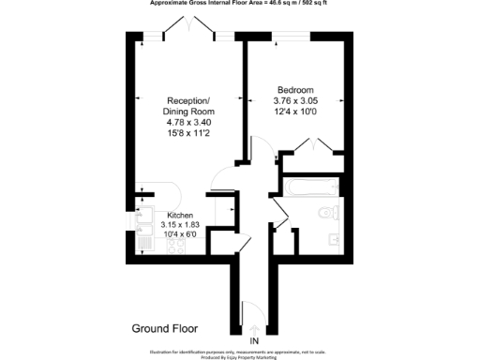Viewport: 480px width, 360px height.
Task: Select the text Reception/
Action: [x=188, y=101]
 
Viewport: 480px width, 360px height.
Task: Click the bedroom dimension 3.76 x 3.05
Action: [x=294, y=101]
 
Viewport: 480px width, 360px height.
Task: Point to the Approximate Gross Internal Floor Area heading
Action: [x=240, y=3]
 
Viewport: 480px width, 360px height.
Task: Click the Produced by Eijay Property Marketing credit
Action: [x=240, y=356]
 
